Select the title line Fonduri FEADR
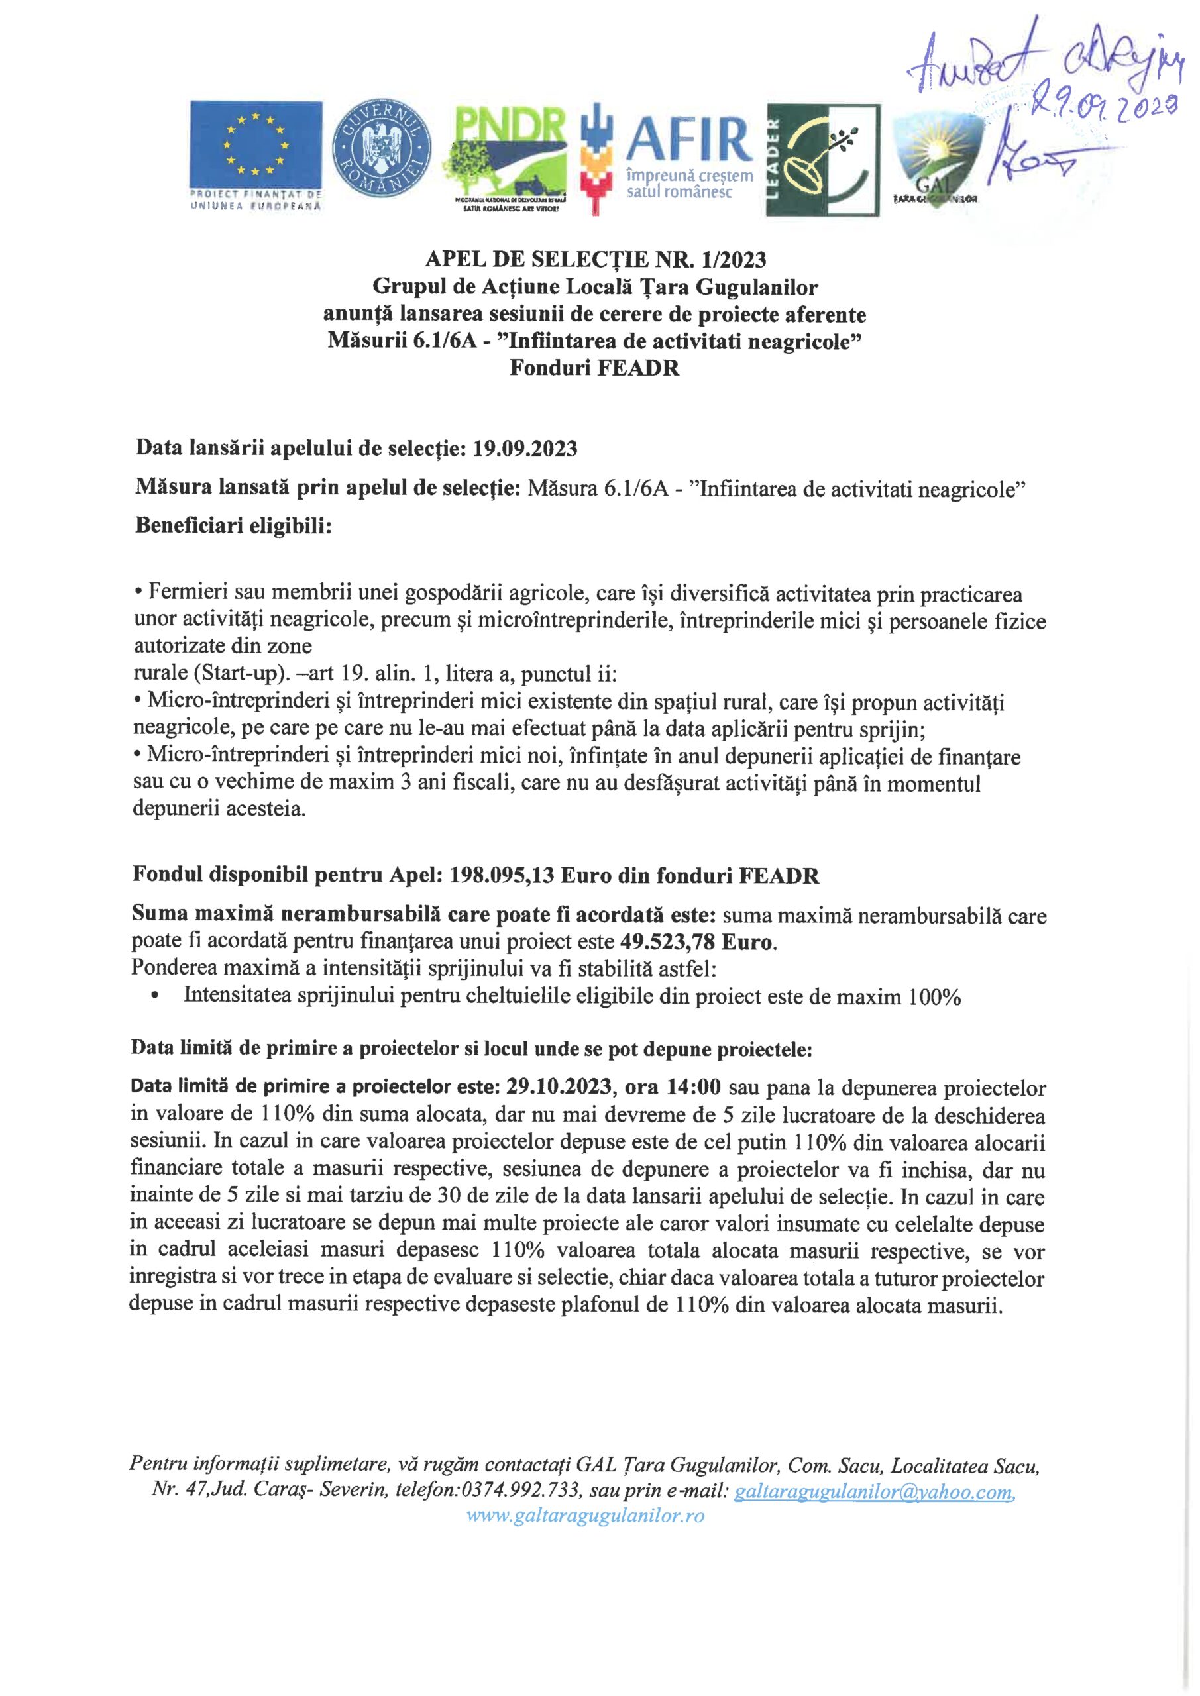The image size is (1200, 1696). (594, 368)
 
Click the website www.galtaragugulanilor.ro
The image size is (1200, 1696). (585, 1516)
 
